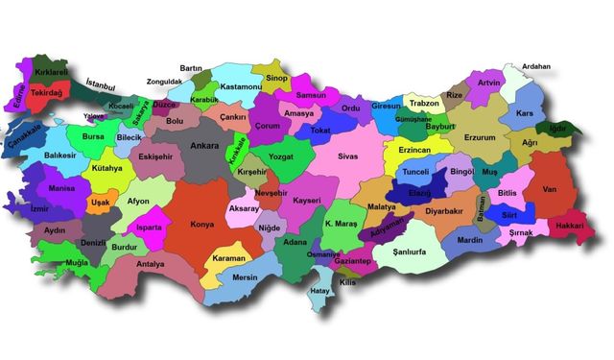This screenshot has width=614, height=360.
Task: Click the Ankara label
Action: tap(203, 146)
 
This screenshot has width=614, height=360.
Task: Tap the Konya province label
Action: tap(201, 226)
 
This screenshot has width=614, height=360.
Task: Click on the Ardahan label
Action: tap(536, 67)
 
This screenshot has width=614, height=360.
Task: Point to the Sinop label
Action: tap(276, 77)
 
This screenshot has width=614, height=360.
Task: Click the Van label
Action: tap(549, 189)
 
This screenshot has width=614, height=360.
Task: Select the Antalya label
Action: tap(151, 264)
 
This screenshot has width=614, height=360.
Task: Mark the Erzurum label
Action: tap(480, 137)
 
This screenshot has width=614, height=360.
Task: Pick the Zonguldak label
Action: tap(164, 83)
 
